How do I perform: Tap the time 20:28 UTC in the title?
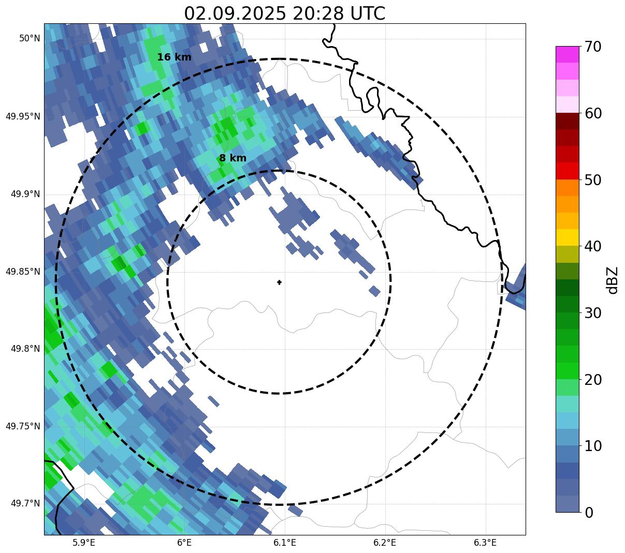[339, 13]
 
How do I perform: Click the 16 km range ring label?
[174, 57]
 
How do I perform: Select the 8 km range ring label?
[232, 158]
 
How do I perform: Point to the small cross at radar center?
[280, 282]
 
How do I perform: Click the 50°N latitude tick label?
[30, 38]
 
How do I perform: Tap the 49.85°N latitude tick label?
[23, 272]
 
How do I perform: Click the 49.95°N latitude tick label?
[23, 116]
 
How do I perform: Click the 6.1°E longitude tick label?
[284, 543]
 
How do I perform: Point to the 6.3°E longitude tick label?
[485, 543]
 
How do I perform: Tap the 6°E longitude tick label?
[184, 543]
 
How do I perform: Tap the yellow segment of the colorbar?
[568, 238]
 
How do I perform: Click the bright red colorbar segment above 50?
[568, 171]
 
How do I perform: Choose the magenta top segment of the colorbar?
[568, 54]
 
